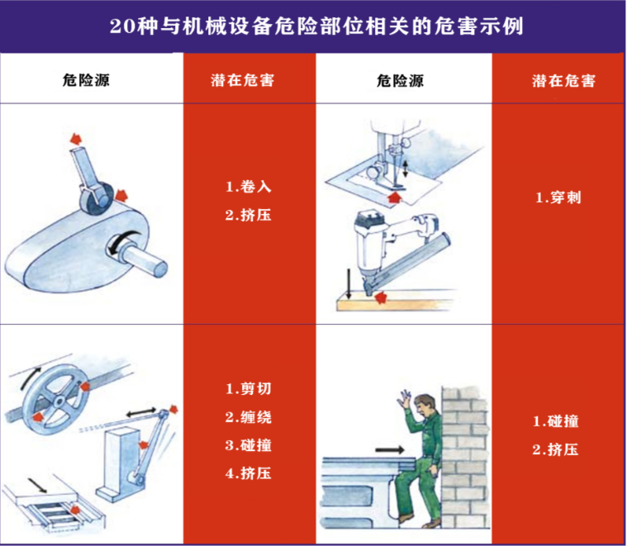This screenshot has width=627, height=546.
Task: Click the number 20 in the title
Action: click(121, 26)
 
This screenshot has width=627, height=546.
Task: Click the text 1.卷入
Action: click(247, 187)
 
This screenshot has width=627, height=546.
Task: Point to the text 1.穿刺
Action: click(558, 197)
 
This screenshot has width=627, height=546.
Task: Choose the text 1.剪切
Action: click(247, 387)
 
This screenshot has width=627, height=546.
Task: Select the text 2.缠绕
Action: click(247, 416)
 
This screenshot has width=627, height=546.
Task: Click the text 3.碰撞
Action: click(247, 445)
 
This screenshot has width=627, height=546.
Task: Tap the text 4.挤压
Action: click(247, 473)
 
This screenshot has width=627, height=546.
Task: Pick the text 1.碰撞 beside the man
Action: click(555, 421)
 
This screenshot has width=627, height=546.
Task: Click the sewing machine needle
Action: click(392, 178)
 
